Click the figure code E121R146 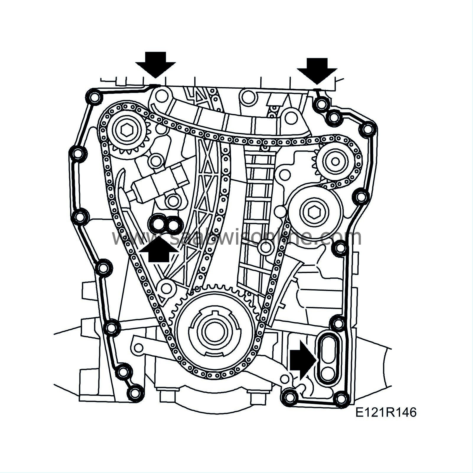[386, 412]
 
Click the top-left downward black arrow [156, 64]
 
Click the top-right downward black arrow [317, 69]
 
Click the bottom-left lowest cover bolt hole [134, 393]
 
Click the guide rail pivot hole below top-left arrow [161, 95]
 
